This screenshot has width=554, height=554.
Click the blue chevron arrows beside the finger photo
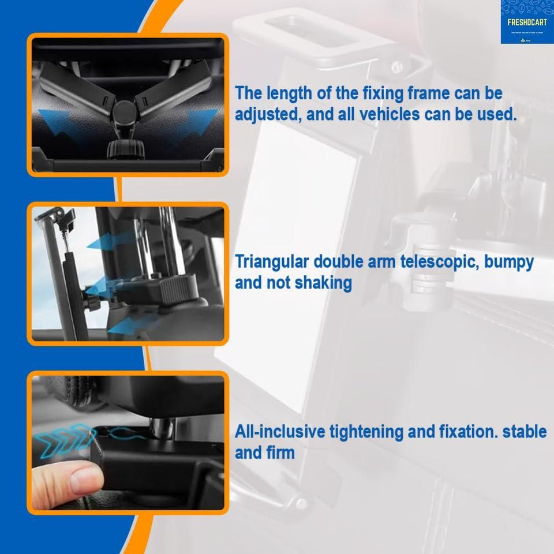tap(61, 441)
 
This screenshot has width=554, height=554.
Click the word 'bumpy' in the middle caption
tap(508, 262)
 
